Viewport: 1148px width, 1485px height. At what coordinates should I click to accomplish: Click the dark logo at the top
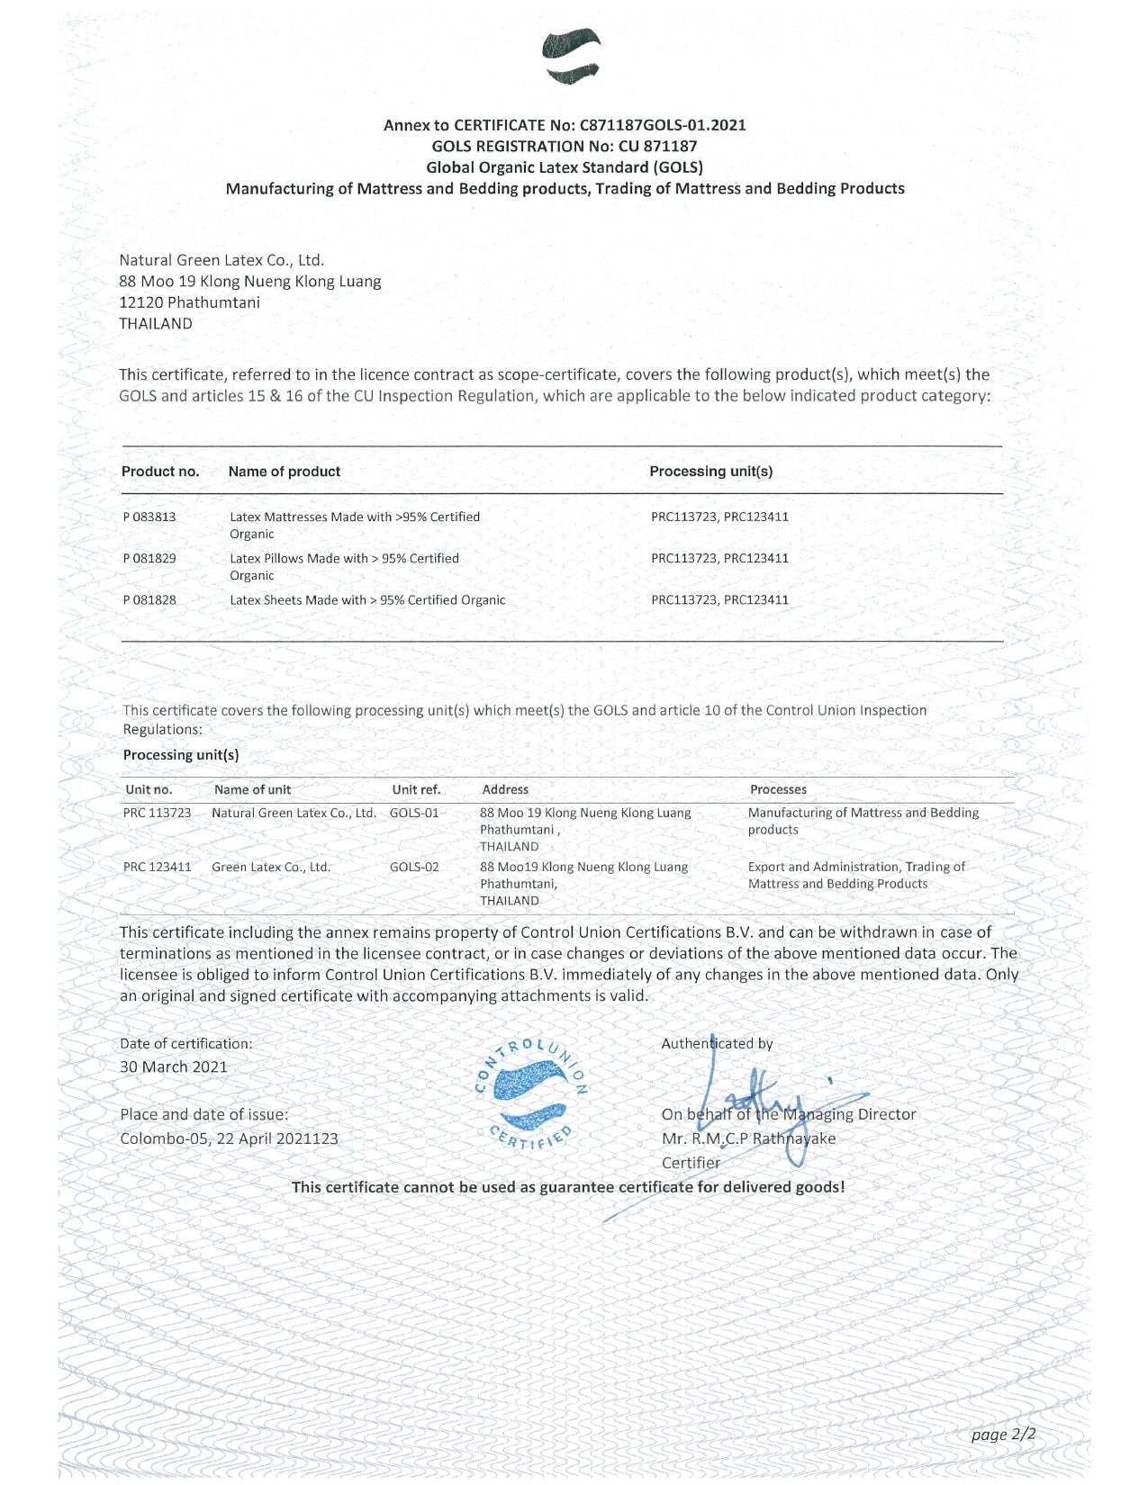tap(572, 56)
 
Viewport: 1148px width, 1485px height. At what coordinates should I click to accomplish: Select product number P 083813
tap(149, 517)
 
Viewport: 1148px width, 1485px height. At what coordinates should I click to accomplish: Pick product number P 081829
tap(149, 558)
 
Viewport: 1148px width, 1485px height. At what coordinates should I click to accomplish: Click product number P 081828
tap(149, 599)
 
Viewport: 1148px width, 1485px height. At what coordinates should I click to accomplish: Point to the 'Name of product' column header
tap(284, 472)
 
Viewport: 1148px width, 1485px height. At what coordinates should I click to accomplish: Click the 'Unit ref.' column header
tap(416, 789)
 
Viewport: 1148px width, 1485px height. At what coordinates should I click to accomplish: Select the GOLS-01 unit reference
tap(414, 813)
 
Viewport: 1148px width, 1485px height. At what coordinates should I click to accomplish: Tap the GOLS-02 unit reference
tap(414, 867)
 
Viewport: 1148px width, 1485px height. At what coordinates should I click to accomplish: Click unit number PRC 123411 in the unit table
tap(157, 867)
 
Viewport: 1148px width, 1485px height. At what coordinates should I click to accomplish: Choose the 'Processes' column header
tap(778, 789)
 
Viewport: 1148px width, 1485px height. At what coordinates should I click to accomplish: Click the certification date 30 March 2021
tap(174, 1066)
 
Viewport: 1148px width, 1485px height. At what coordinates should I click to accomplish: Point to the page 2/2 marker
tap(1003, 1434)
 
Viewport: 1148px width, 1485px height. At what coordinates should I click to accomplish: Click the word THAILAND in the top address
tap(156, 324)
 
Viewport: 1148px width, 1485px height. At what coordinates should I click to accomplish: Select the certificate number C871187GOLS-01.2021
tap(663, 125)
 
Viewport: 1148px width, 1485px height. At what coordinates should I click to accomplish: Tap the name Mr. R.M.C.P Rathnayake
tap(748, 1138)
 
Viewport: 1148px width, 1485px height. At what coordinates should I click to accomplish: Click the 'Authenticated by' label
tap(717, 1044)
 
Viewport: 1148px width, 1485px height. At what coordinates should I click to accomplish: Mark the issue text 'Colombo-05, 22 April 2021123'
tap(229, 1138)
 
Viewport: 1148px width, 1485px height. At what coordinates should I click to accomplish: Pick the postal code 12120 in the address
tap(140, 302)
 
